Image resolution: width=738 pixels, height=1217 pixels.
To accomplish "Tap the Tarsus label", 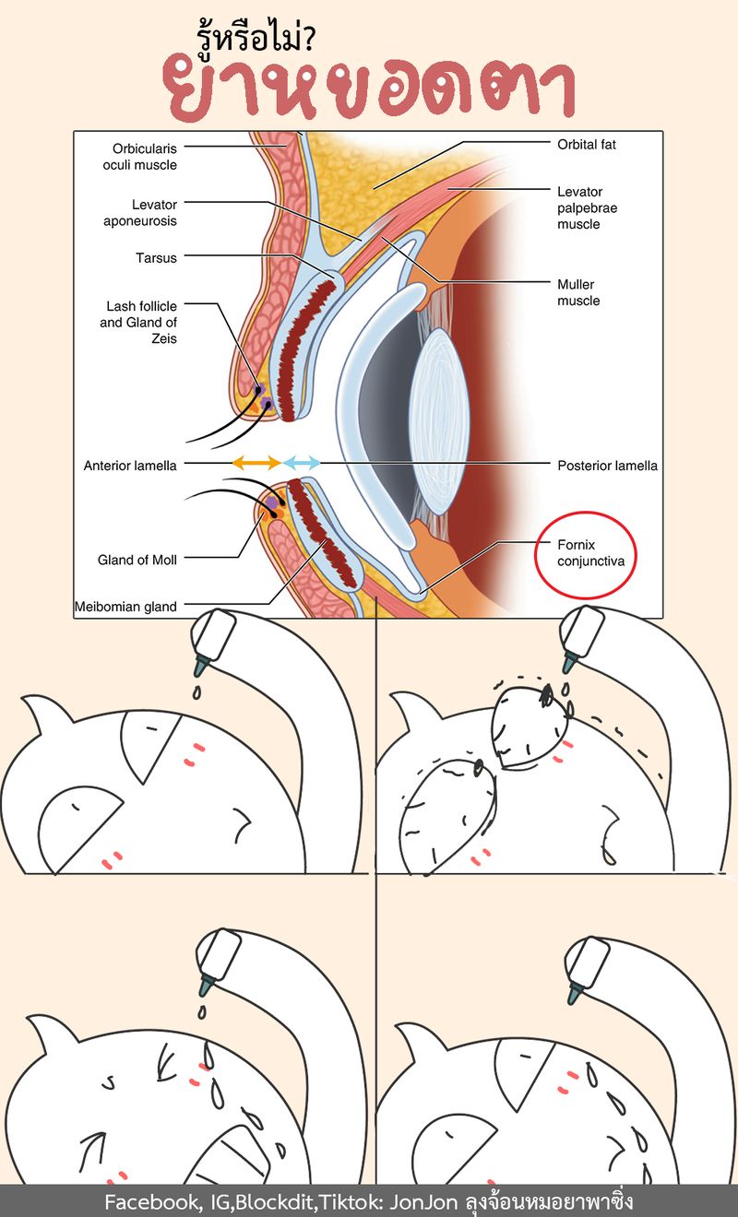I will coord(156,258).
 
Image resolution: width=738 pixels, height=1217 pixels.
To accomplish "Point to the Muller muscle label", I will coord(578,292).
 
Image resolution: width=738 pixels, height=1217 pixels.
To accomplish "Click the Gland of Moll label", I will coord(137,560).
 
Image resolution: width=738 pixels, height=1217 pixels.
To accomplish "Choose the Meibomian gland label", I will coord(125,607).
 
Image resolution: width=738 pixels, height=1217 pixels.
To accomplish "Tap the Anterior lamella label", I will coord(129,466).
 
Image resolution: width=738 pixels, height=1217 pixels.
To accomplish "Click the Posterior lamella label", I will coord(607,466).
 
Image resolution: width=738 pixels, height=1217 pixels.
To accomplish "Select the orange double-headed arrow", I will coord(256,462).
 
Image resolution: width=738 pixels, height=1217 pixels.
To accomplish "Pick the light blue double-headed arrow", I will coord(302,462).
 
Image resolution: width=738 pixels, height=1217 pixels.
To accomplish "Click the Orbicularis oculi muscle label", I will coord(144,156).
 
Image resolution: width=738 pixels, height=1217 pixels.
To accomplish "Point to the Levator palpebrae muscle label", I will coord(587,207).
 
